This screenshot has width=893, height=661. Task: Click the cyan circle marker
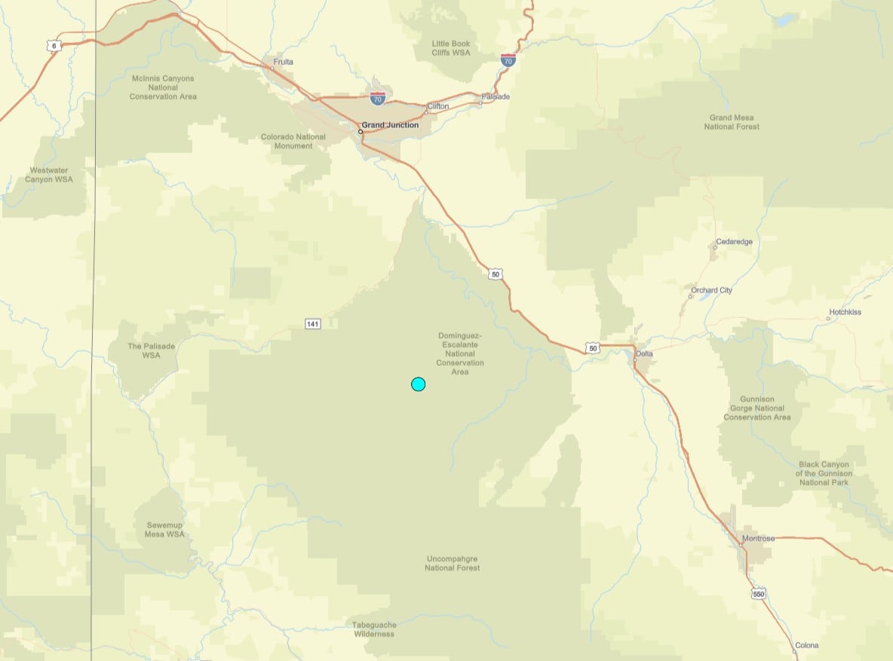tap(418, 384)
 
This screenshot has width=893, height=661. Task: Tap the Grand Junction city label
tap(390, 125)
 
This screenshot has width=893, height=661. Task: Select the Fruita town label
tap(284, 62)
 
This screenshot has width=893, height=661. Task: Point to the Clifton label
tap(437, 106)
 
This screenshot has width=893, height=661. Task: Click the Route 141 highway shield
tap(313, 324)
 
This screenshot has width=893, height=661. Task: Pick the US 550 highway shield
tap(759, 595)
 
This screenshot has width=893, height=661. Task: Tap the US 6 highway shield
tap(53, 46)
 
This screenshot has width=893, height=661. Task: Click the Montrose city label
tap(758, 538)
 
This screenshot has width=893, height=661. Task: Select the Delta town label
tap(644, 353)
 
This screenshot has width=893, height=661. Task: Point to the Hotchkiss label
tap(845, 312)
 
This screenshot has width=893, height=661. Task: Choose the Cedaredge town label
tap(734, 242)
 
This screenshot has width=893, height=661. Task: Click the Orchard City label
tap(711, 290)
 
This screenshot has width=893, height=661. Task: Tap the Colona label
tap(806, 646)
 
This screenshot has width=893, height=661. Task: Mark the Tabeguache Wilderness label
tap(374, 629)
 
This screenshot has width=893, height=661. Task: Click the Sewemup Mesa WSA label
tap(164, 529)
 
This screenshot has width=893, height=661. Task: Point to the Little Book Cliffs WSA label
tap(451, 48)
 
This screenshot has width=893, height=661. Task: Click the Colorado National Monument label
tap(293, 141)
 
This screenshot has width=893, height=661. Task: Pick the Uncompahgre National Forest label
tap(453, 563)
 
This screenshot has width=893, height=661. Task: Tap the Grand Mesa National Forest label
tap(732, 122)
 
